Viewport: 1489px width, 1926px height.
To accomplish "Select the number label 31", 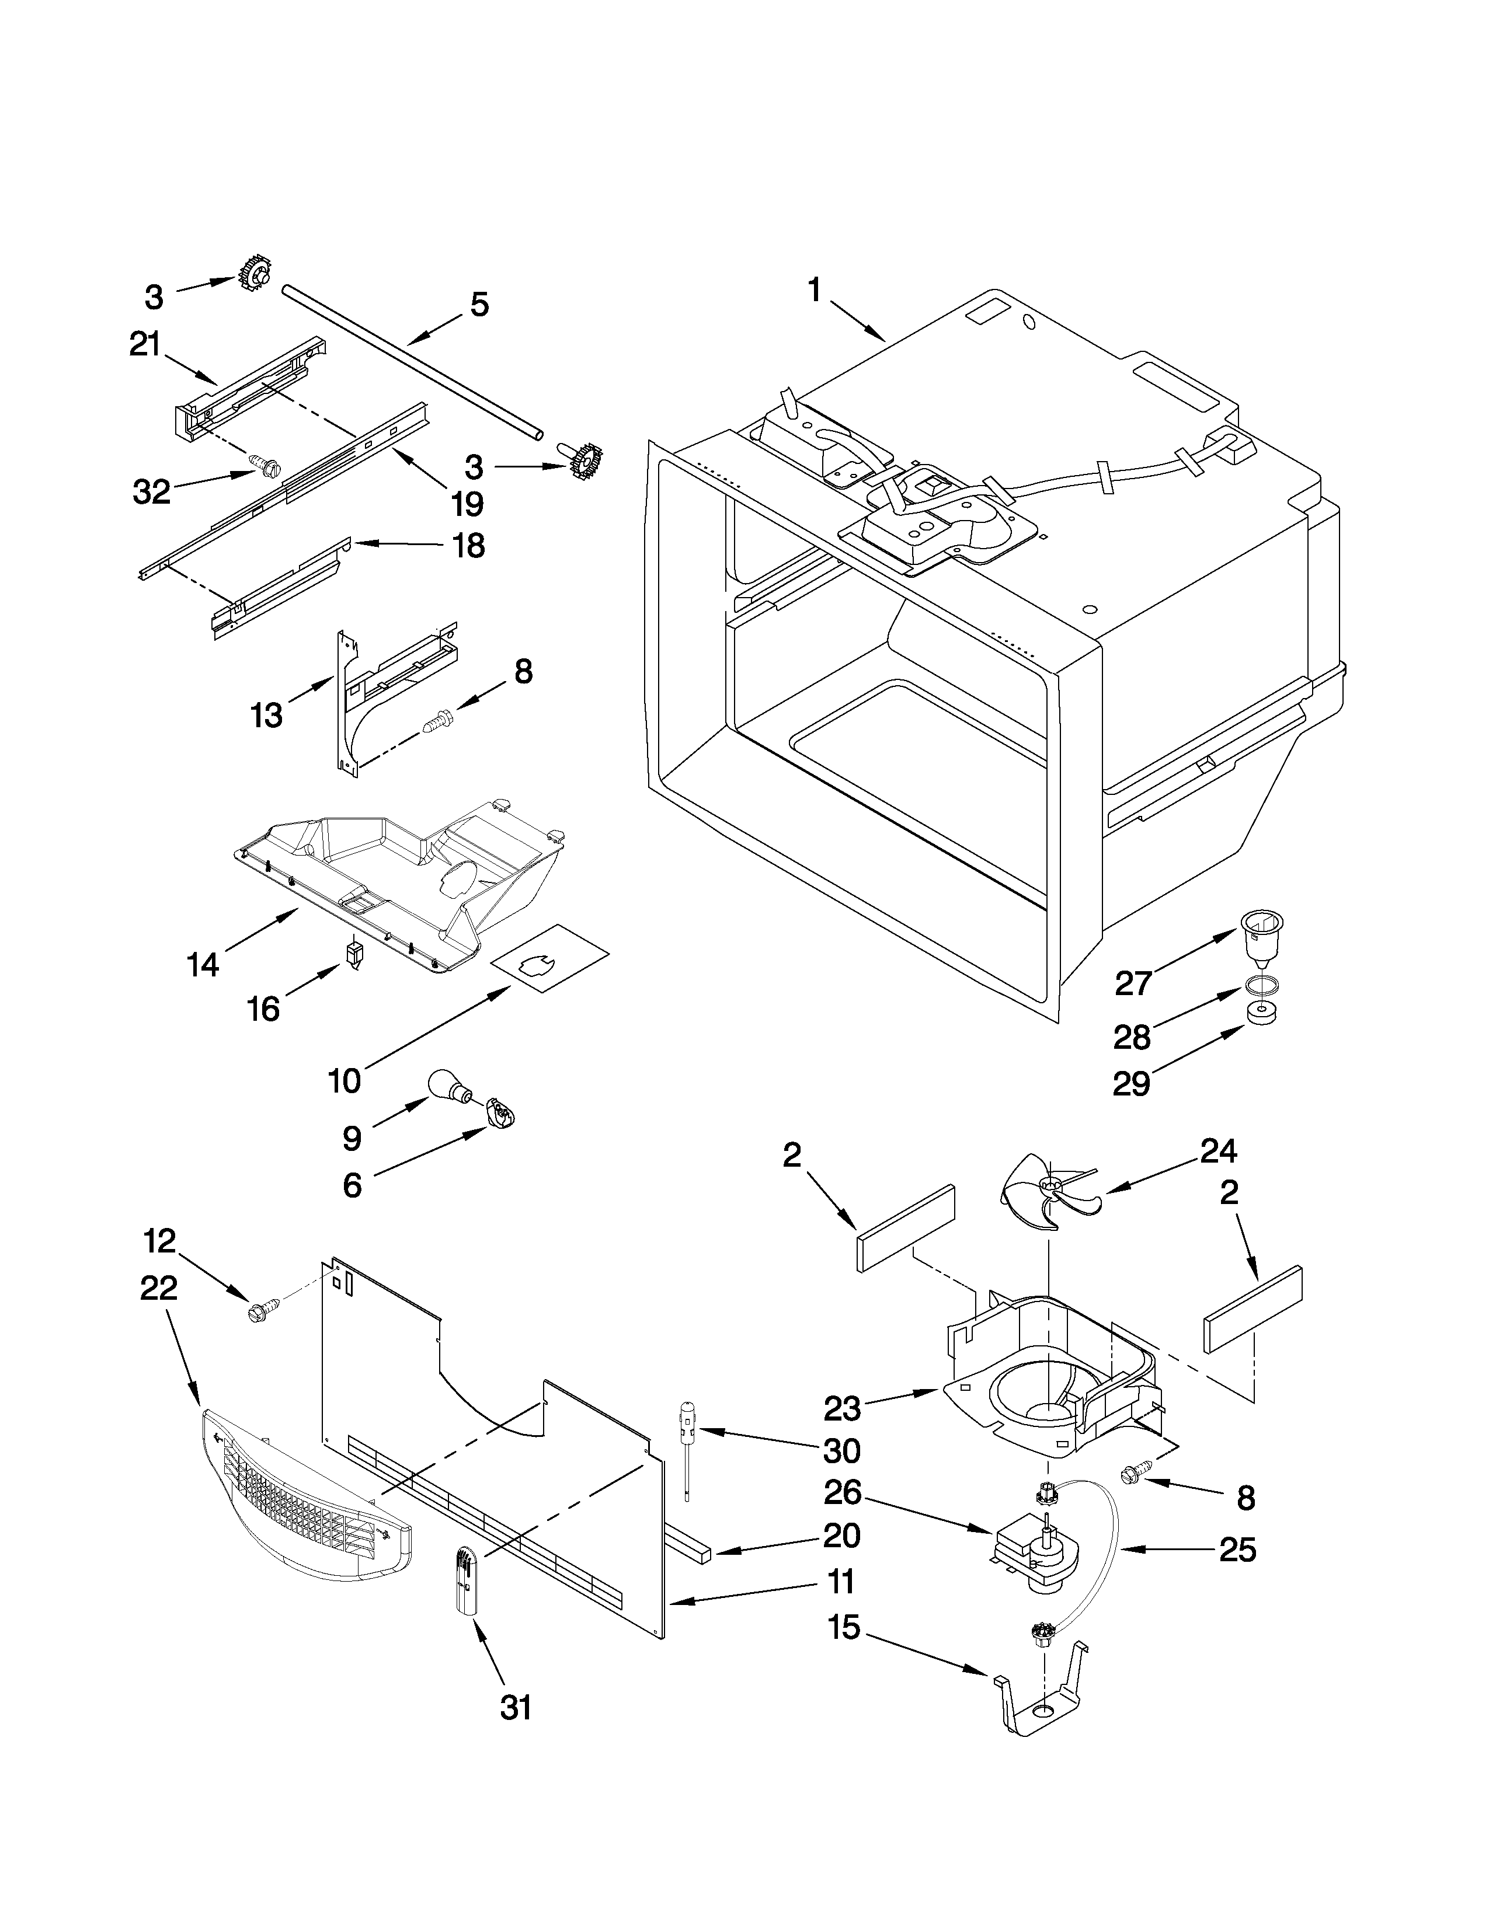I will point(516,1708).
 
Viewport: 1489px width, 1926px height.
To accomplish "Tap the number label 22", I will point(159,1289).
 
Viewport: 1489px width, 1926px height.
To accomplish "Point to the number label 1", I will point(814,290).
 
